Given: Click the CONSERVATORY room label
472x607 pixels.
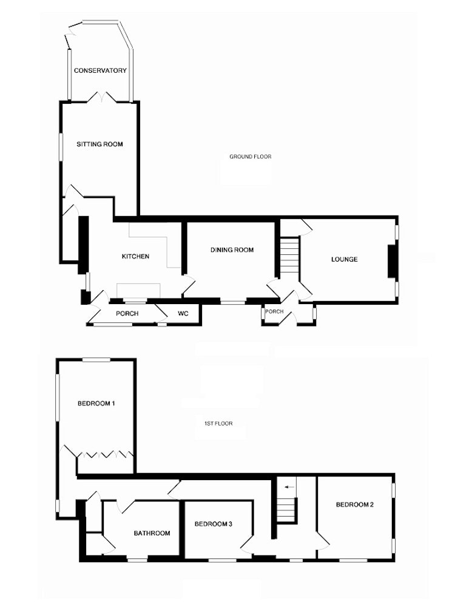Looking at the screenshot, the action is [100, 70].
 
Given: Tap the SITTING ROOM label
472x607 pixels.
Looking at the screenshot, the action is [99, 144].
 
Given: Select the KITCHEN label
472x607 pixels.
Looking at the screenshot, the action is [135, 256].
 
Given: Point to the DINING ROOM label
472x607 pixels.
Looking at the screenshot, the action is [232, 249].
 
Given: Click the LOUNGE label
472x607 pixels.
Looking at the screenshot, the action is [345, 259].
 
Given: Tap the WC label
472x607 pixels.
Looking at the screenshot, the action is [183, 313].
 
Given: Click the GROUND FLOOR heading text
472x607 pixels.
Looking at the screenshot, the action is [251, 157].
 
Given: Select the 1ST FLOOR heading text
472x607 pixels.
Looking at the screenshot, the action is [218, 424].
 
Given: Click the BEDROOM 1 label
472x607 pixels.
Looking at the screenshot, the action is [96, 404].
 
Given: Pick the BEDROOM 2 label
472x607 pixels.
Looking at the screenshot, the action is [355, 504].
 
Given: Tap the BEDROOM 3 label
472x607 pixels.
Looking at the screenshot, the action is [213, 524].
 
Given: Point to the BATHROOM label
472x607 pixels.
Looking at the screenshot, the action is [152, 533].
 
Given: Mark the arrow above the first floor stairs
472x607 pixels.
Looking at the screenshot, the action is [290, 487].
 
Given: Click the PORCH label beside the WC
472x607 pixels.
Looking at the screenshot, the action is [127, 313].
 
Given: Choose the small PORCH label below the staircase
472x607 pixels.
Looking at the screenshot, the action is [274, 311].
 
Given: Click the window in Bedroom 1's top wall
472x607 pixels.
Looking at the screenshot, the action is [96, 360].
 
